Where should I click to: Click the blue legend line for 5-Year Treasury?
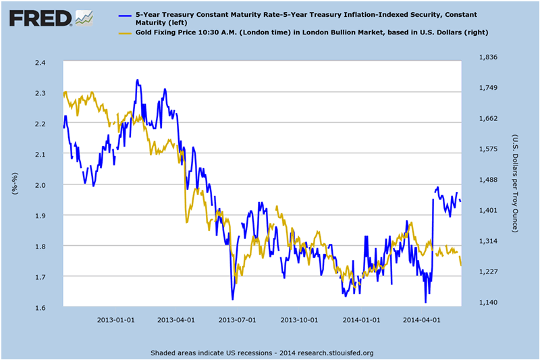coord(126,14)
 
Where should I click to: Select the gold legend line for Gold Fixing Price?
coord(126,32)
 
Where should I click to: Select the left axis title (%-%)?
coord(15,184)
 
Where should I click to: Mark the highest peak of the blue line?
coord(137,80)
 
